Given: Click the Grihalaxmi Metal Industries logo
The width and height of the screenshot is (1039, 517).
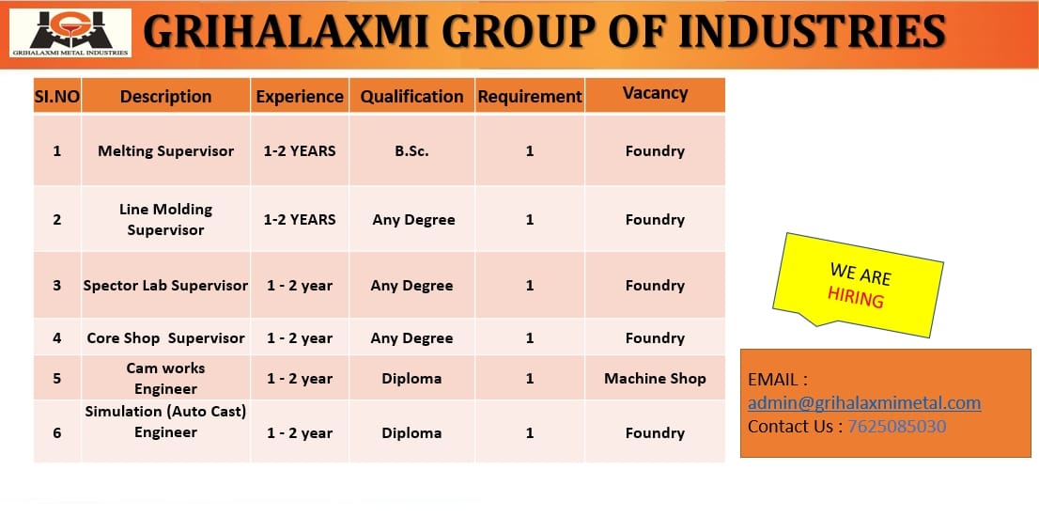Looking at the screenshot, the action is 70,33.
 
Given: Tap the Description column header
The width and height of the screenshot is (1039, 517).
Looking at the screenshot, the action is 165,97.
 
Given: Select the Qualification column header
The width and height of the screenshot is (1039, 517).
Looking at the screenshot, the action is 412,97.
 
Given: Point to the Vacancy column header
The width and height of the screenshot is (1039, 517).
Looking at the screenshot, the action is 656,93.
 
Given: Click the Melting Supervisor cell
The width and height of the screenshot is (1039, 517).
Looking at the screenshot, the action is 165,151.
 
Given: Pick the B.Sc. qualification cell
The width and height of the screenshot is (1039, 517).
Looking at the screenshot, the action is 412,151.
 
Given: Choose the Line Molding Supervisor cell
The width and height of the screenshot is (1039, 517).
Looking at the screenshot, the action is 165,219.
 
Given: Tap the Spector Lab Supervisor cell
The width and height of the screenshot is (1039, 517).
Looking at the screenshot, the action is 165,286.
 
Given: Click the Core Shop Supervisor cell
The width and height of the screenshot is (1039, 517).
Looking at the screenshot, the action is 165,338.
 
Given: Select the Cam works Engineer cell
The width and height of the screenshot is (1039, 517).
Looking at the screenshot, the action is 165,378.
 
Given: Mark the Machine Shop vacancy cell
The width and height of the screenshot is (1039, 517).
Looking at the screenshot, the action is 656,379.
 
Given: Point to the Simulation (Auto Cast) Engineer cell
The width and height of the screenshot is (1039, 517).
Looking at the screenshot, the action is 165,421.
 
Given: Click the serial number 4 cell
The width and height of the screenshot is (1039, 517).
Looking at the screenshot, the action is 57,338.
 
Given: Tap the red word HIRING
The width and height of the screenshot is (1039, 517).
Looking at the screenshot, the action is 856,298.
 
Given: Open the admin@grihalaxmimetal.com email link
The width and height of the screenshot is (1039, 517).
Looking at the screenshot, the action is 864,403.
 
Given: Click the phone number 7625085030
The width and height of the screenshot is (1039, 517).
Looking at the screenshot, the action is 897,426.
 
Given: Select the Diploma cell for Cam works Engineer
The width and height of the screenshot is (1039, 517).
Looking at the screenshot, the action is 411,379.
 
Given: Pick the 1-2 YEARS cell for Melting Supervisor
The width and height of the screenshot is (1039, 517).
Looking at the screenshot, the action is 300,151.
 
